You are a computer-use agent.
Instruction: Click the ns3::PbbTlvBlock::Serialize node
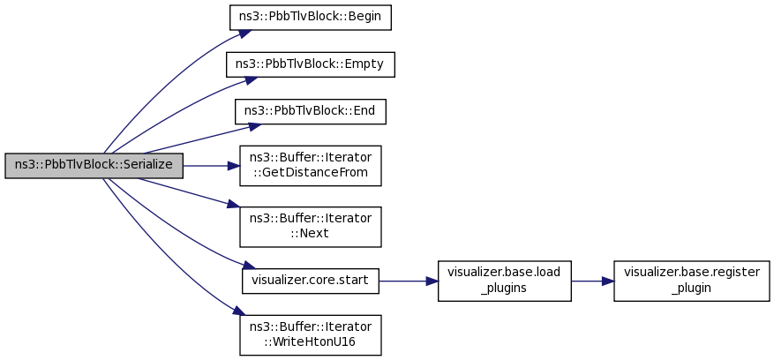click(x=94, y=165)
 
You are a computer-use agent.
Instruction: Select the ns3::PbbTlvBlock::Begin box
click(x=311, y=18)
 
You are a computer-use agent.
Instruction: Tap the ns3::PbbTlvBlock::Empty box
click(x=311, y=64)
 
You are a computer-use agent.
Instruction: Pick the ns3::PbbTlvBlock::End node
click(x=311, y=111)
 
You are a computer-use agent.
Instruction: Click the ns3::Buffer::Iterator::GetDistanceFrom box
click(x=311, y=165)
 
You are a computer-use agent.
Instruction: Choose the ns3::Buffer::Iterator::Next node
click(x=311, y=227)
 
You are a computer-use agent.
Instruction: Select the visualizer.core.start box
click(x=311, y=281)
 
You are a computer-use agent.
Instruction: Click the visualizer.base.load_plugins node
click(x=505, y=281)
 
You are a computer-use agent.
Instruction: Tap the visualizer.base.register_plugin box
click(x=692, y=281)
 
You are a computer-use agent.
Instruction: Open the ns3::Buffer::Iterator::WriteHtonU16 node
click(x=311, y=334)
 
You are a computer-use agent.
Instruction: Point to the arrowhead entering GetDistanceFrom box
click(x=234, y=166)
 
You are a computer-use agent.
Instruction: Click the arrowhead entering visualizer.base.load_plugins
click(x=432, y=281)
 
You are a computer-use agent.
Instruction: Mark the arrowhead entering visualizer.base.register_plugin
click(x=608, y=281)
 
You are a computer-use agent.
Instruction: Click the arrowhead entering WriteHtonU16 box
click(x=239, y=311)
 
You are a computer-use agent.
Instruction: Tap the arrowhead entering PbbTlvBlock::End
click(x=254, y=126)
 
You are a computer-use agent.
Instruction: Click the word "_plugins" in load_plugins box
click(x=505, y=289)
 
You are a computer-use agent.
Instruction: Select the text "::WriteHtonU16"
click(x=311, y=342)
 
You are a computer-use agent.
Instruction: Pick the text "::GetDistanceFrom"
click(x=311, y=173)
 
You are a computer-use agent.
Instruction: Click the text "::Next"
click(x=311, y=234)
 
